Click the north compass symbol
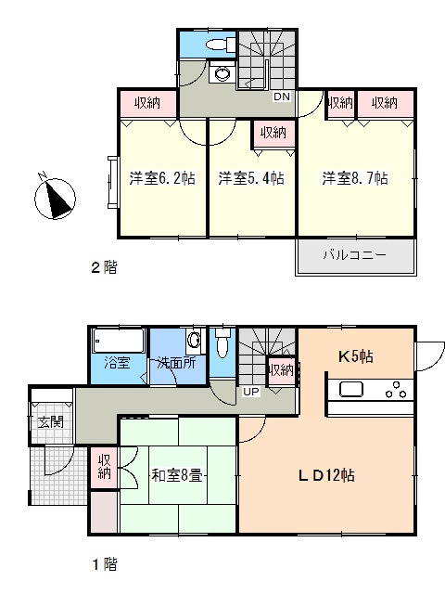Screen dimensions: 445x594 pos(55,197)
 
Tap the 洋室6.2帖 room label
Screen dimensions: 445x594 pos(162,177)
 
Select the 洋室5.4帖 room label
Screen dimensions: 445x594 pos(251,177)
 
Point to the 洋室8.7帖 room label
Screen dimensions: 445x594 pos(355,177)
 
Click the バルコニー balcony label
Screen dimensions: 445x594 pos(354,254)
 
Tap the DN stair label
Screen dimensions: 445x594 pos(282,97)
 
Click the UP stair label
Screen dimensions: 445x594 pos(251,392)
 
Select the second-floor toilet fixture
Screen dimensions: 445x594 pos(221,45)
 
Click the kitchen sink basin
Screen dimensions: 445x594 pos(351,389)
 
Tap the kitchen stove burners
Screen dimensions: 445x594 pos(396,390)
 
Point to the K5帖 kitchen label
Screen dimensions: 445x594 pos(355,356)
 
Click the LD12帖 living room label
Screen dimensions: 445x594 pos(326,474)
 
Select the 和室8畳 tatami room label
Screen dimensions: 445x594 pos(177,475)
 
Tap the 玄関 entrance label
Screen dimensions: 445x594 pos(51,421)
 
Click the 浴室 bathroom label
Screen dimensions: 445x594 pos(117,363)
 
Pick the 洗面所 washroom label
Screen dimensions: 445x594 pos(176,363)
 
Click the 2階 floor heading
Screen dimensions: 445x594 pos(104,267)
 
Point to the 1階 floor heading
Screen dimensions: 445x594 pos(105,564)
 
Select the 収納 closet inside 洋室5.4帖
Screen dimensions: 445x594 pos(273,133)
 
